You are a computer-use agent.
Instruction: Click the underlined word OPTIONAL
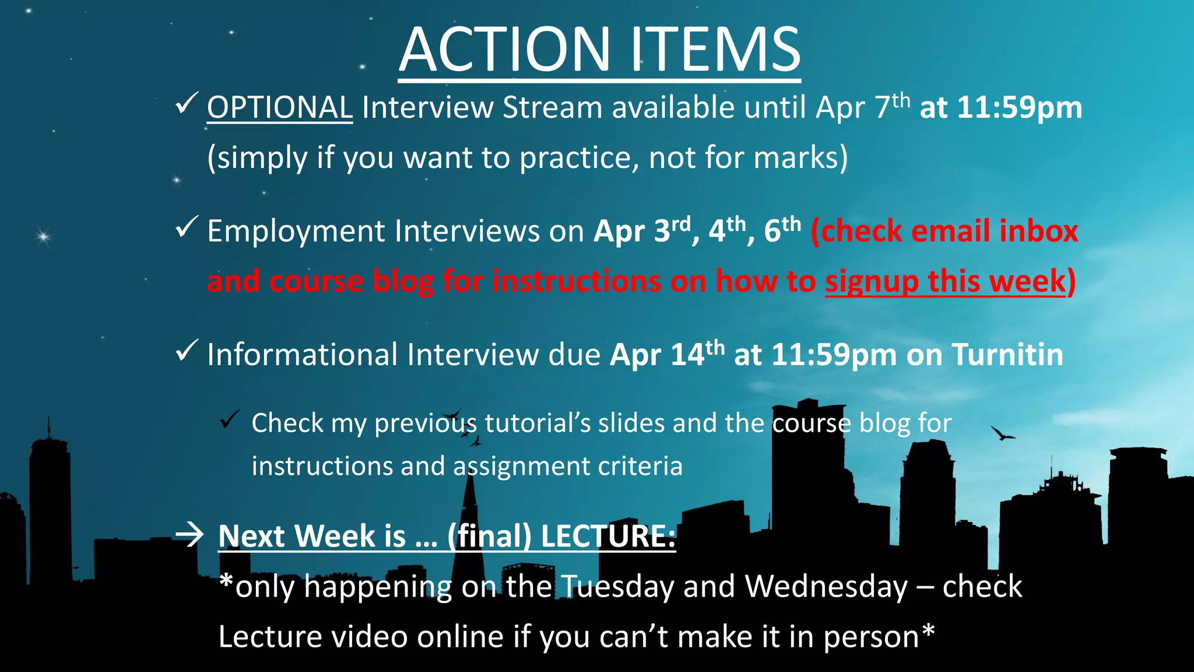pos(279,108)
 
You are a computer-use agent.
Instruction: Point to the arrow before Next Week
pos(189,534)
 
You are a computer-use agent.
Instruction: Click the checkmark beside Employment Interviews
pos(187,228)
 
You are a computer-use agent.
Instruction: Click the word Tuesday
pos(619,587)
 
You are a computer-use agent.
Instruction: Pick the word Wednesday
pos(827,586)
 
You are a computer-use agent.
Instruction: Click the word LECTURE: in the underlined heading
pos(608,536)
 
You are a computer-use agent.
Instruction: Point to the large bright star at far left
pos(43,236)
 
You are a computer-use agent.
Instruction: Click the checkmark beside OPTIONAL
pos(187,103)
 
